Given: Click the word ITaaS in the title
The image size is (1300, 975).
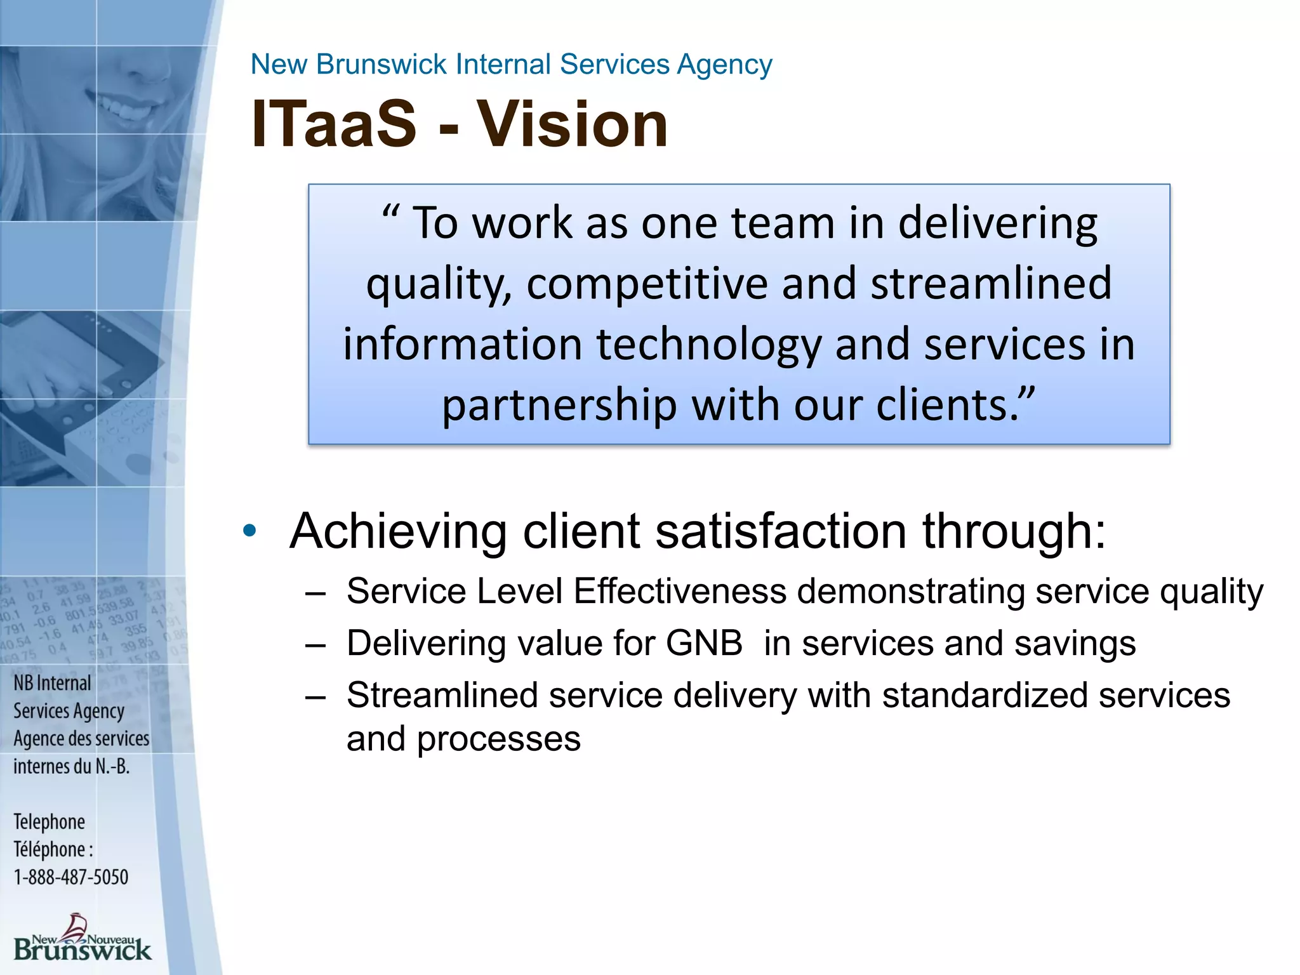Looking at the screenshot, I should (x=334, y=124).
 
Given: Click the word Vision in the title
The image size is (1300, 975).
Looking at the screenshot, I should (x=573, y=124).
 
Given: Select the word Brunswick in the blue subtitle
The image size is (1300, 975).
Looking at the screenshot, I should (x=381, y=65).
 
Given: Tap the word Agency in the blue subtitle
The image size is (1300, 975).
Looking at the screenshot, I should (x=724, y=65).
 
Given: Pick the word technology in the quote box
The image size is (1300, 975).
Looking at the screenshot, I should (x=708, y=344).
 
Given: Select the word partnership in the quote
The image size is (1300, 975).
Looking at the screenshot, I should (x=559, y=404).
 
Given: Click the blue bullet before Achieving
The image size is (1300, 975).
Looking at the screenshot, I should (x=249, y=531).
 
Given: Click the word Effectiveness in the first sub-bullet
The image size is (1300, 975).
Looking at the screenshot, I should (x=680, y=592).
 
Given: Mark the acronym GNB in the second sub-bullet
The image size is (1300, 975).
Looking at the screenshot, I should (x=704, y=643).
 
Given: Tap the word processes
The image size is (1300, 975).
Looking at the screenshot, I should (x=498, y=739).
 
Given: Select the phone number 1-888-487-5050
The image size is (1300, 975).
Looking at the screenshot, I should (x=71, y=877).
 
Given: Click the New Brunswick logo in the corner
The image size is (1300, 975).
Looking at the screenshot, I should (x=82, y=938).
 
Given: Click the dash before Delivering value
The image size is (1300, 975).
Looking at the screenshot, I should (x=315, y=645).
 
